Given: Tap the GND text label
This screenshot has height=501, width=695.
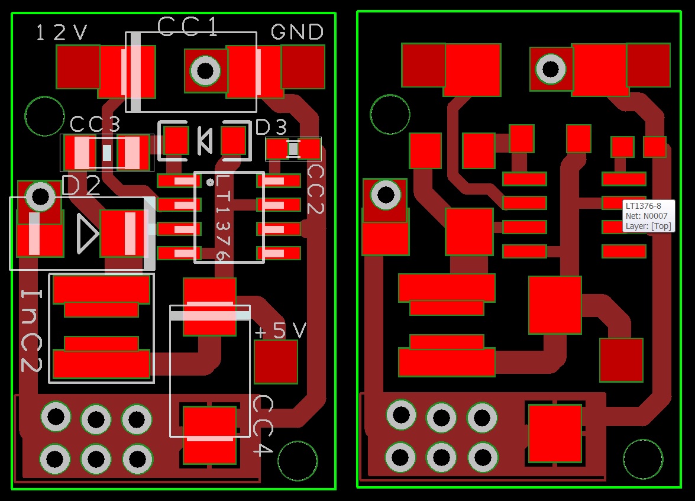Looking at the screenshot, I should tap(297, 31).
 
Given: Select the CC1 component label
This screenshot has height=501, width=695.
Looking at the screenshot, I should tap(189, 25).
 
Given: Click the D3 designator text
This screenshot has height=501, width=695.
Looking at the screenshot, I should tap(271, 127).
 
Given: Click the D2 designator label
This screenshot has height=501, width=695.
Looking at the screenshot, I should tap(81, 186).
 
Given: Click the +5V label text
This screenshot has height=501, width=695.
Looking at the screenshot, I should tap(280, 331).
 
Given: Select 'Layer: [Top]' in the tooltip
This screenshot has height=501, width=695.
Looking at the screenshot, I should tap(648, 226).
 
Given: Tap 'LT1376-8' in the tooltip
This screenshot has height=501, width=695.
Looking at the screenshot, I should tap(643, 206).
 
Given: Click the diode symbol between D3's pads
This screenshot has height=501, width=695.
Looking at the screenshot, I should tap(204, 141).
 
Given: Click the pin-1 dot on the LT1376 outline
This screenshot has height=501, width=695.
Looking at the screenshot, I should tap(210, 182).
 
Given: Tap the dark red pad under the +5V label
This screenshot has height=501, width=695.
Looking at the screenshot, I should tap(276, 361).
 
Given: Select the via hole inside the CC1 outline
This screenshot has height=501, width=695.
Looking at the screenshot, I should tap(205, 71).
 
